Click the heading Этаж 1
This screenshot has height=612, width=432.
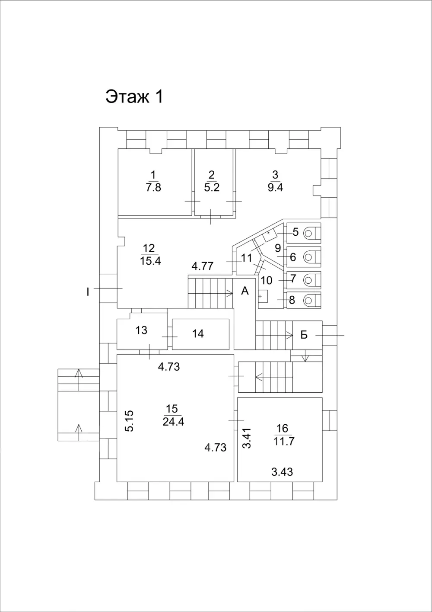click(x=134, y=96)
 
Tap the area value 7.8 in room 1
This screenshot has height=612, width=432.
click(x=153, y=188)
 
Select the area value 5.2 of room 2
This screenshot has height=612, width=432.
click(x=212, y=188)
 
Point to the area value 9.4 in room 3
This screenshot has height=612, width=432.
click(x=275, y=188)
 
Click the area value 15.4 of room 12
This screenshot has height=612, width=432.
click(x=150, y=261)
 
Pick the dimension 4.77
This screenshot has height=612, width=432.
click(x=202, y=266)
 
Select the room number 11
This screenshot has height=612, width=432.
click(x=246, y=258)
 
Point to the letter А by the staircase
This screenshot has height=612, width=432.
click(x=245, y=291)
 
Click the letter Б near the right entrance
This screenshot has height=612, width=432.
click(x=304, y=335)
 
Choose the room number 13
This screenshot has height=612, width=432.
click(x=141, y=330)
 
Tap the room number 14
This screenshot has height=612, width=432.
click(x=198, y=333)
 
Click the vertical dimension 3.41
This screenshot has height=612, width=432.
click(x=247, y=438)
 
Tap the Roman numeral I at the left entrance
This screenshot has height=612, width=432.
click(x=88, y=292)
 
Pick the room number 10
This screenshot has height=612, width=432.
click(x=267, y=280)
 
